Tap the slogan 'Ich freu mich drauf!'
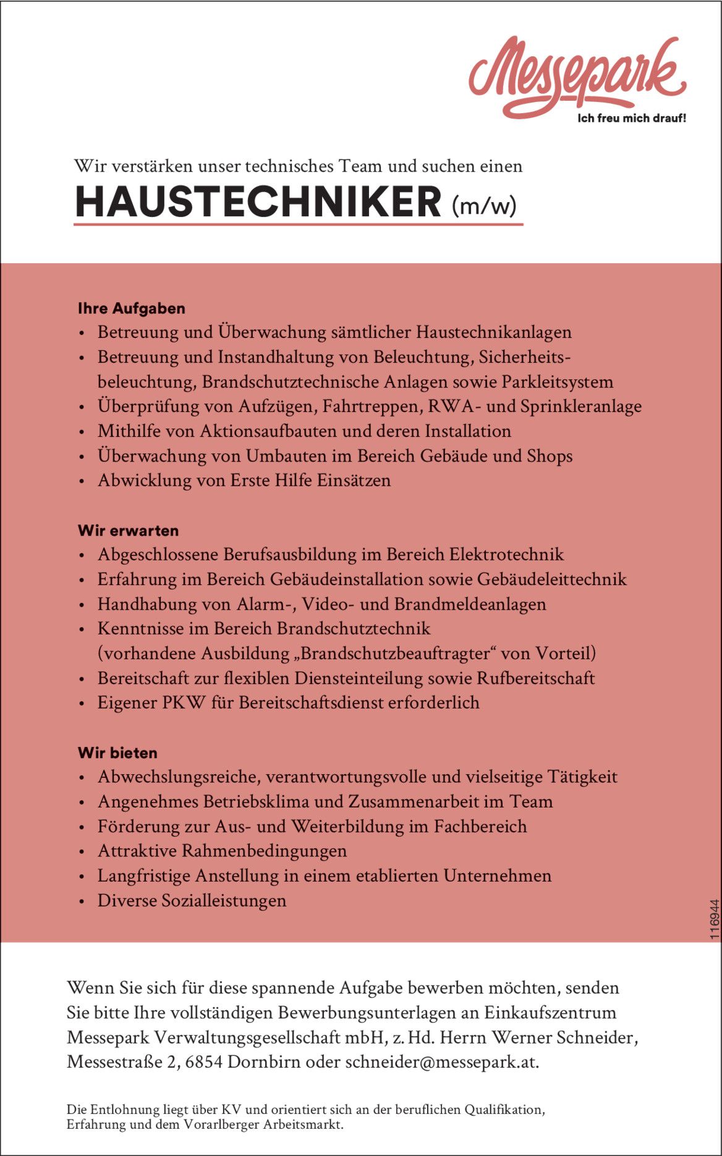(x=631, y=118)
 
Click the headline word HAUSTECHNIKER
(x=258, y=202)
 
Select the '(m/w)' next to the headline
(x=484, y=205)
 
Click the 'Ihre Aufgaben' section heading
(x=131, y=308)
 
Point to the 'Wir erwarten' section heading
(x=128, y=531)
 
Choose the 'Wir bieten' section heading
(x=117, y=753)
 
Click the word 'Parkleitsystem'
(x=557, y=382)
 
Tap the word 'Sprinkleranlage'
(x=580, y=407)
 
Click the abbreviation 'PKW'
(x=183, y=703)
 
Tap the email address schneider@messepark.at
(x=441, y=1062)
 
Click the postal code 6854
(x=203, y=1062)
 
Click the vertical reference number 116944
(x=715, y=920)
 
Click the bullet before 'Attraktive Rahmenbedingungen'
(x=82, y=852)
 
